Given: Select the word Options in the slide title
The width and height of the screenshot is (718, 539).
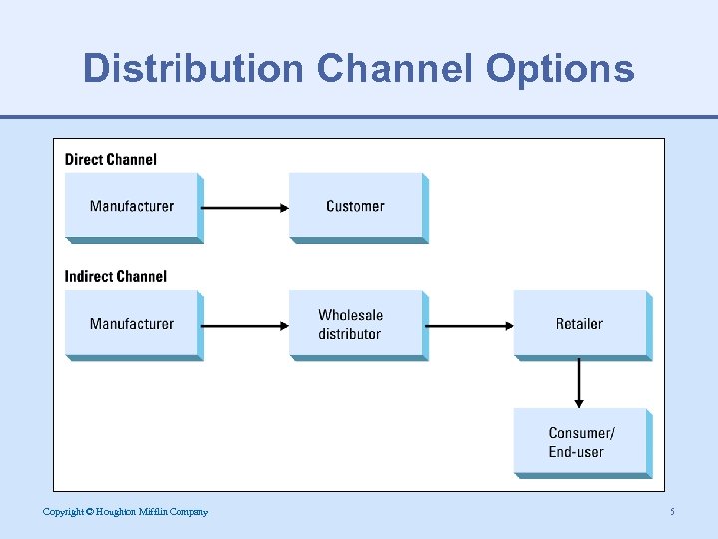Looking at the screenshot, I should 560,68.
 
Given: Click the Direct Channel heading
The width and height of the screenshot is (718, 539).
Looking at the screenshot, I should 111,159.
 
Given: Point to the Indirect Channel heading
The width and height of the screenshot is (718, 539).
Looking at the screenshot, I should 116,276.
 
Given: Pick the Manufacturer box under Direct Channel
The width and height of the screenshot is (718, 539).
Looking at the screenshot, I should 132,206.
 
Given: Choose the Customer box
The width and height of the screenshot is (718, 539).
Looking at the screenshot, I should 355,206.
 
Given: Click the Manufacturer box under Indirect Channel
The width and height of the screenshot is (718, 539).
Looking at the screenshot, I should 132,323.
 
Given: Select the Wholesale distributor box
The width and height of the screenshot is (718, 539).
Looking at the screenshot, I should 355,324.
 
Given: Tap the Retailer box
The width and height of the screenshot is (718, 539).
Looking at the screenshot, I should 579,323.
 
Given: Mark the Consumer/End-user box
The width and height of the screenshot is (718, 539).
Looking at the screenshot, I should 579,442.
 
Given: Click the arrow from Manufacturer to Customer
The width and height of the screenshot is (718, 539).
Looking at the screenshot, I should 245,208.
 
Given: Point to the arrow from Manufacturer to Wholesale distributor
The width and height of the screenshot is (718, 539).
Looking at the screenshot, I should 245,325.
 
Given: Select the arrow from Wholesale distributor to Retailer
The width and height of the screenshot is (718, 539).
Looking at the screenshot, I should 470,325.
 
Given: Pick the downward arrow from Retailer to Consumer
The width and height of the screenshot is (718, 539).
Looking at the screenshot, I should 579,383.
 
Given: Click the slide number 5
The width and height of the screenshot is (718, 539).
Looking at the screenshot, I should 672,512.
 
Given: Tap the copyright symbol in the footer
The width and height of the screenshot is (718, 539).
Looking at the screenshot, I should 89,512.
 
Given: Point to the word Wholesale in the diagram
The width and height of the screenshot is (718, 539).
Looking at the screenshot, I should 351,315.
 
